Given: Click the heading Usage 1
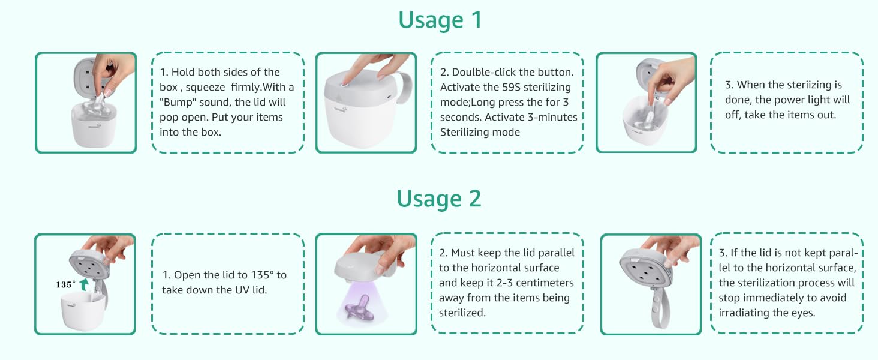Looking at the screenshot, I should (440, 20).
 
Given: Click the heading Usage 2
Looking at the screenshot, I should (440, 199).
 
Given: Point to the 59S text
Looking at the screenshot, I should (519, 87).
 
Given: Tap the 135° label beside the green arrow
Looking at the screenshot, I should (66, 284).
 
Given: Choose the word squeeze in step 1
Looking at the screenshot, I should (207, 87).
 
